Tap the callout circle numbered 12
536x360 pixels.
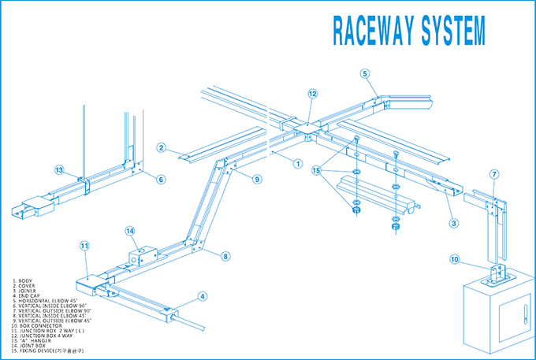[312, 94]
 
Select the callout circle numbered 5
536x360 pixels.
[365, 73]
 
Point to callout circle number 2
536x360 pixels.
[160, 147]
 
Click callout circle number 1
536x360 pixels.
[297, 164]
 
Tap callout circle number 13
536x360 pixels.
[58, 170]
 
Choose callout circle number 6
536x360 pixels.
[161, 180]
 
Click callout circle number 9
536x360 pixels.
[257, 179]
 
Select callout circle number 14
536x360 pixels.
[131, 231]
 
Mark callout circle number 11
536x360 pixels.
[84, 246]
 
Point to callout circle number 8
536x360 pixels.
[225, 256]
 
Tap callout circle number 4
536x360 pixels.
[203, 296]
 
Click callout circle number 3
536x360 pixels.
[454, 223]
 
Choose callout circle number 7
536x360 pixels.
[494, 173]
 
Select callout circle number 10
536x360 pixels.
[454, 259]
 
